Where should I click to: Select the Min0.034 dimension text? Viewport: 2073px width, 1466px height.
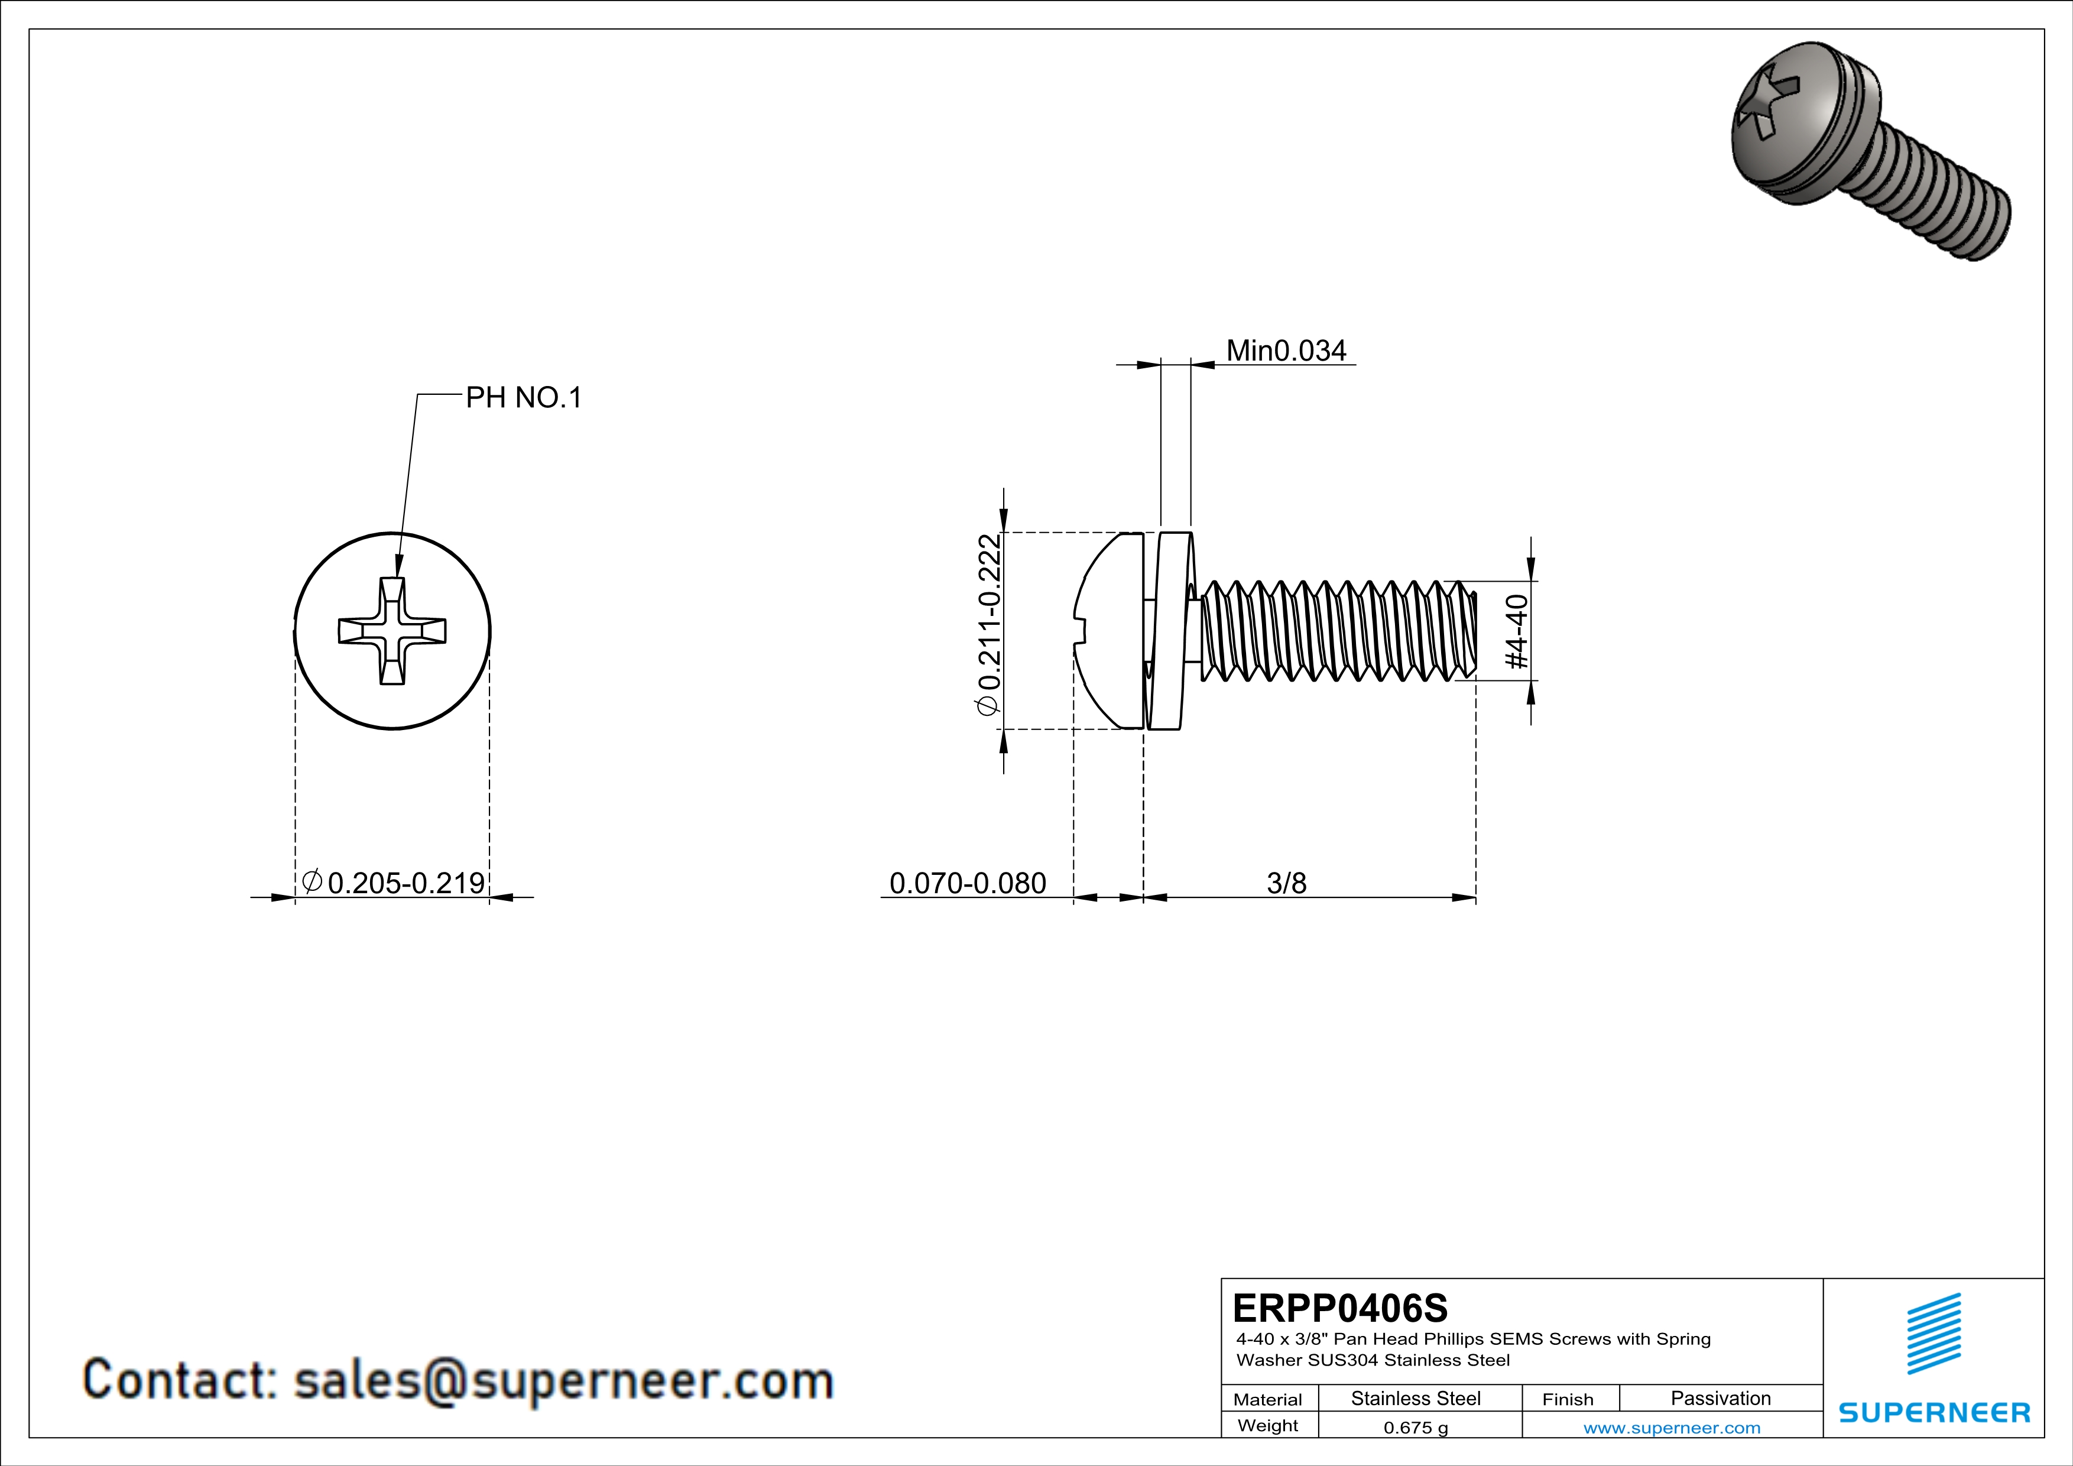coord(1285,351)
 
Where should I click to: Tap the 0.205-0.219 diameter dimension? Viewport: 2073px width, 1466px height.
coord(405,882)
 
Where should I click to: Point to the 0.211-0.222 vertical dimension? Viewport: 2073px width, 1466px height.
coord(989,624)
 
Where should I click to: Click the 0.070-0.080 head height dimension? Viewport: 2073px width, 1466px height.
coord(967,882)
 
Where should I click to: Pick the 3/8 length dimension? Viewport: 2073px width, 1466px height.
coord(1286,882)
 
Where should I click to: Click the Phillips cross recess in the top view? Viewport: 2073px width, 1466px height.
coord(392,631)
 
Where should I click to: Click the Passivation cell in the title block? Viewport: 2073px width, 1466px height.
coord(1720,1398)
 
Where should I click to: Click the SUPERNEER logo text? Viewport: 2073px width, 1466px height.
coord(1934,1413)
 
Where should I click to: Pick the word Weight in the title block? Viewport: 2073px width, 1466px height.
coord(1268,1425)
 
